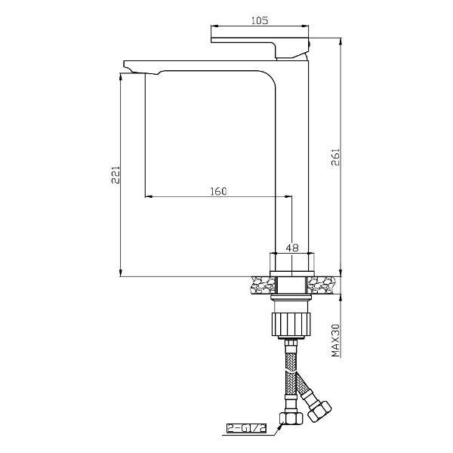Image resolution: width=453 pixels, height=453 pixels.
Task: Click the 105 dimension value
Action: (x=260, y=20)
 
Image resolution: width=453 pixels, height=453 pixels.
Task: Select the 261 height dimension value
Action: (x=335, y=157)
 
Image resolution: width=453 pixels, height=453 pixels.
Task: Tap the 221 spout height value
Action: (x=116, y=175)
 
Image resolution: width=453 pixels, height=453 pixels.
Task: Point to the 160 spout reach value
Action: (x=218, y=191)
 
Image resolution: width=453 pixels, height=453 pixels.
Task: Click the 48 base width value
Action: (x=292, y=248)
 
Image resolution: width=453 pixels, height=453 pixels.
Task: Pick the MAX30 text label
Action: (x=335, y=341)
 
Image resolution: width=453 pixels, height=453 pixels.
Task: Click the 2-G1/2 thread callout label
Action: (x=246, y=428)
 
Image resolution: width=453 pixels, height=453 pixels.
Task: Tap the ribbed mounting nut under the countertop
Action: (x=291, y=324)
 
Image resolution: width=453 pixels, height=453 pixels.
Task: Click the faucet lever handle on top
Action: (x=260, y=48)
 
